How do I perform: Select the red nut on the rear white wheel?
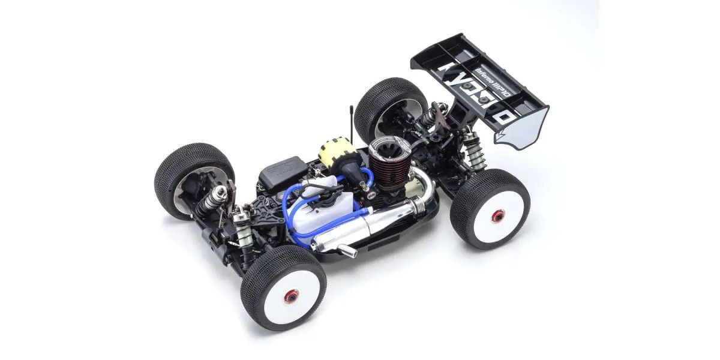point(497,216)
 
